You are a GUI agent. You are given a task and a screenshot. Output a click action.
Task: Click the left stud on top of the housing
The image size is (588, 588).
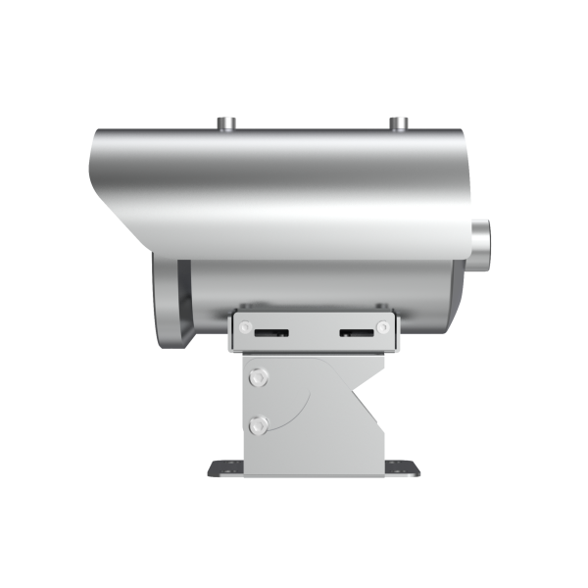pos(226,123)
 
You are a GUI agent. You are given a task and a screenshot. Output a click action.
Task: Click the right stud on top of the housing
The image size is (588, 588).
pos(398,123)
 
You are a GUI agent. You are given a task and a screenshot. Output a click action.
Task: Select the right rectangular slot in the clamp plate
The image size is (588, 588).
pos(357,333)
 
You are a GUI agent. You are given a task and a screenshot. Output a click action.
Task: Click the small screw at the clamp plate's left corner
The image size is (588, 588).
pos(245,326)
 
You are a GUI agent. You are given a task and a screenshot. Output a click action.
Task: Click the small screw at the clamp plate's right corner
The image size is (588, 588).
pos(382,326)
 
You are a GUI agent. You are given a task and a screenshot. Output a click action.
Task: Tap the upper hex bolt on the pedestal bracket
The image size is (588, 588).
pos(259,376)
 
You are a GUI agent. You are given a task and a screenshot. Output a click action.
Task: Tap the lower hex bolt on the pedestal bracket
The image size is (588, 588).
pos(259,424)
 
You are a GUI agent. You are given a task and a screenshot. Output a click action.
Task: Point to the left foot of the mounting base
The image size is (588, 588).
pos(221,468)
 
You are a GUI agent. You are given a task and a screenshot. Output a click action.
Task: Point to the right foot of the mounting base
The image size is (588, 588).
pos(404,468)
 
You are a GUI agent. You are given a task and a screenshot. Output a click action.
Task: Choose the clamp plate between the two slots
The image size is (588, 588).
pos(314,333)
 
